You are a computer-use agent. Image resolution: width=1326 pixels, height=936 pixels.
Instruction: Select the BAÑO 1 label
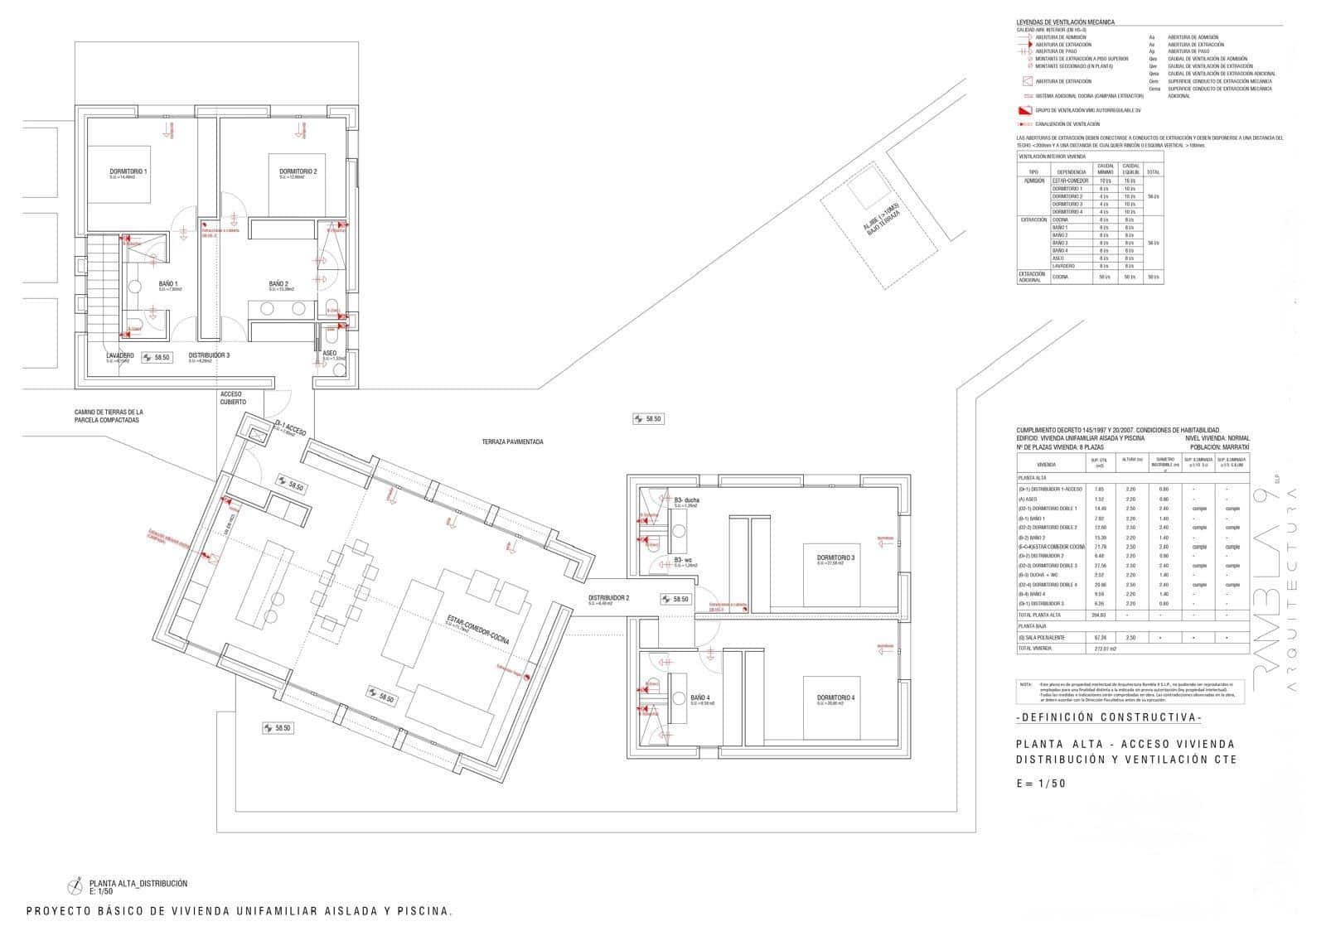pos(168,284)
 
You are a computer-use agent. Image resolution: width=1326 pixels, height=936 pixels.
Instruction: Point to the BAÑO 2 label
pos(278,284)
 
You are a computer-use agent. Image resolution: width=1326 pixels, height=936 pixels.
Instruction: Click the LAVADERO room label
pos(120,356)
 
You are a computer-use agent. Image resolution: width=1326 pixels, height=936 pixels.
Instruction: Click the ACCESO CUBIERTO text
pos(233,398)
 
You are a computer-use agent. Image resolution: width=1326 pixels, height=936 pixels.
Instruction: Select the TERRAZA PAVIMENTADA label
pos(512,442)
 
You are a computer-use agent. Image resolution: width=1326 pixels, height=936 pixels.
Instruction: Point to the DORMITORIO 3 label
pos(835,557)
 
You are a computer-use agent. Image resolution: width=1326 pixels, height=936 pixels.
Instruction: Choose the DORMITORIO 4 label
pos(835,697)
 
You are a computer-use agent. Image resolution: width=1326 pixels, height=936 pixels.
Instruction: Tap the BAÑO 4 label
pos(700,698)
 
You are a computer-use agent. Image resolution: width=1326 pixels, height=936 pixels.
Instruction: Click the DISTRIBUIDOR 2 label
pos(608,598)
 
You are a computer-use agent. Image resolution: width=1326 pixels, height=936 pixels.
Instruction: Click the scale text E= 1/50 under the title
pos(1041,784)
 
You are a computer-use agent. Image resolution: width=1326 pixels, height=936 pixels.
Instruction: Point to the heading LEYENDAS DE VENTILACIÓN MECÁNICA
pos(1065,22)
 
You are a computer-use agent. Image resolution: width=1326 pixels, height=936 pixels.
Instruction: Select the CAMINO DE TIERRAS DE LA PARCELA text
pos(109,416)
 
